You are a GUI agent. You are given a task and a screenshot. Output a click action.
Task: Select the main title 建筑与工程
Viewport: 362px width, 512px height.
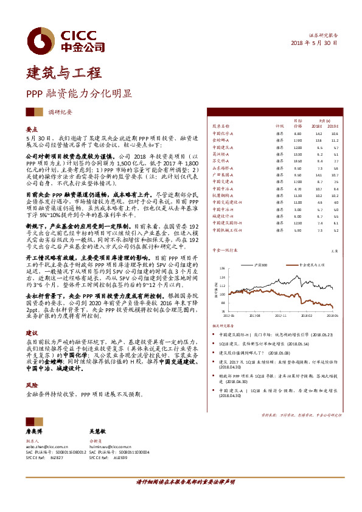[64, 74]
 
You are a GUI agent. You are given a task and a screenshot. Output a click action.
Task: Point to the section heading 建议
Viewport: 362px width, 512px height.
[32, 334]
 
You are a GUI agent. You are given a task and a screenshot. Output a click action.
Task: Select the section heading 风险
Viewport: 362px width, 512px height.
[32, 386]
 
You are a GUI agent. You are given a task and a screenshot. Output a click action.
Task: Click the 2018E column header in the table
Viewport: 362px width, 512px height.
[318, 126]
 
